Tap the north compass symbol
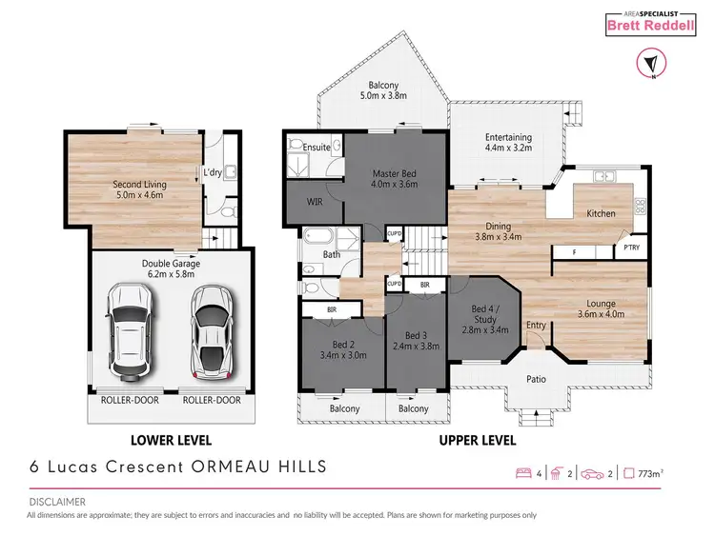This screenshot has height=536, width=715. [x=647, y=64]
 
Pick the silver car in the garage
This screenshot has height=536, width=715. [x=211, y=329]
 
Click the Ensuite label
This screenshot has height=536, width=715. [x=316, y=149]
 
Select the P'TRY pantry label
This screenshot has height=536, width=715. [x=631, y=247]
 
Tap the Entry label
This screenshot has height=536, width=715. [x=538, y=325]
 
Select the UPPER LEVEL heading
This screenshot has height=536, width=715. [x=477, y=441]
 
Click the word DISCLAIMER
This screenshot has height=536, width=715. [x=56, y=501]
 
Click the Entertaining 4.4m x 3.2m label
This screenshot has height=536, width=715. [x=506, y=143]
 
